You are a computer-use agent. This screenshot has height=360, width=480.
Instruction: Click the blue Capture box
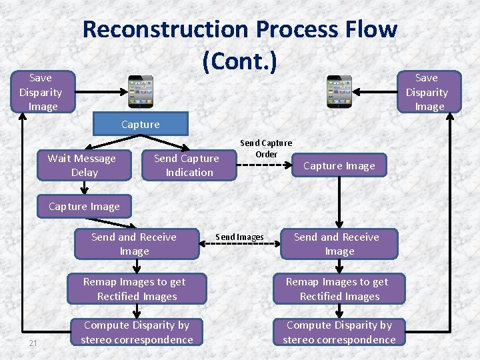tap(140, 125)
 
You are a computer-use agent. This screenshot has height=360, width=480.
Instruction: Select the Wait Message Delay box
tap(82, 165)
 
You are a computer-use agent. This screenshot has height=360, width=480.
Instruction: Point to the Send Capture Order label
tap(266, 149)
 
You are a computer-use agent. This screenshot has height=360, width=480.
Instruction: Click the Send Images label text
tap(239, 237)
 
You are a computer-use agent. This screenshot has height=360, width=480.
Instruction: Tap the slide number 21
tap(33, 343)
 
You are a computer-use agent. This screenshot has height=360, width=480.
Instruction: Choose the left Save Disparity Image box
tap(40, 92)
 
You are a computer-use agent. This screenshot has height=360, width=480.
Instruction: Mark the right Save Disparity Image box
tap(427, 92)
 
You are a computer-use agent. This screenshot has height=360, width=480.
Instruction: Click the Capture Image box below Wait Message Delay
tap(84, 206)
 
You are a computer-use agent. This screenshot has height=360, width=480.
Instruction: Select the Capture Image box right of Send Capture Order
tap(339, 166)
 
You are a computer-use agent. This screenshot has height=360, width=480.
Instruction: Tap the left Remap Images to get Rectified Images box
tap(136, 289)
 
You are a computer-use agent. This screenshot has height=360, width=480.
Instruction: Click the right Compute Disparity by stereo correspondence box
tap(339, 333)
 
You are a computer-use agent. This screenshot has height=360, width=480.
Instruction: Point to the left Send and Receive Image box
tap(134, 244)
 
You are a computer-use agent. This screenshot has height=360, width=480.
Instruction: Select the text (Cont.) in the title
tap(239, 61)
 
